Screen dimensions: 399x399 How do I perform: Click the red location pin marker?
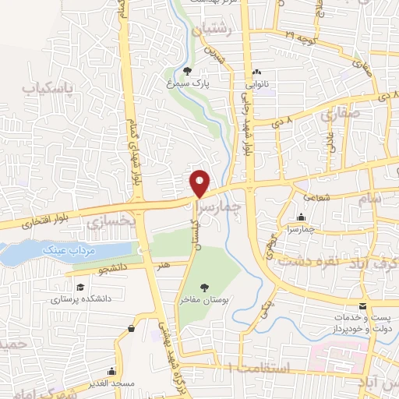click(x=200, y=183)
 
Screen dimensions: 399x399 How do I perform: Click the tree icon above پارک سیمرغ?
click(x=188, y=72)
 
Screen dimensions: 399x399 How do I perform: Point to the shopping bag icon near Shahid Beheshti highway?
click(x=130, y=329)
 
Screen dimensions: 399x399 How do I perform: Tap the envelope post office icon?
click(x=362, y=307)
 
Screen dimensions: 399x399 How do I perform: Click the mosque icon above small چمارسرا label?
click(x=301, y=218)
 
